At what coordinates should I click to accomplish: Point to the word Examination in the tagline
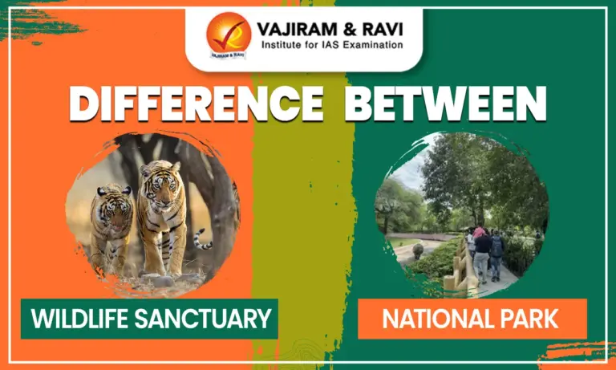371,45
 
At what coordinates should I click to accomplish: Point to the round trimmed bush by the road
418,250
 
